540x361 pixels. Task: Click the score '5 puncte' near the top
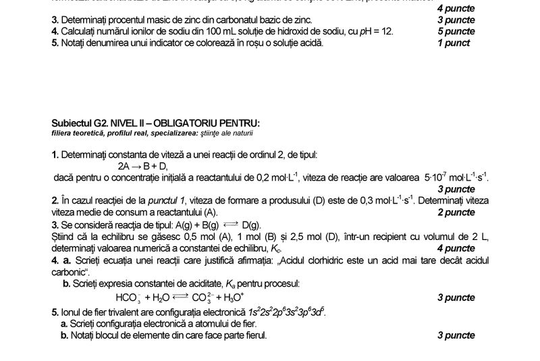click(456, 31)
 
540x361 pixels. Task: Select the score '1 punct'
click(454, 43)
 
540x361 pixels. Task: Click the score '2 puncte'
click(456, 212)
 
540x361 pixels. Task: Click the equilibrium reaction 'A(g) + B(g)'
click(196, 224)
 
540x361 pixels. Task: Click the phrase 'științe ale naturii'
click(230, 132)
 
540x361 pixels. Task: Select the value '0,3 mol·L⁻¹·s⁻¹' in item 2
click(371, 200)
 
